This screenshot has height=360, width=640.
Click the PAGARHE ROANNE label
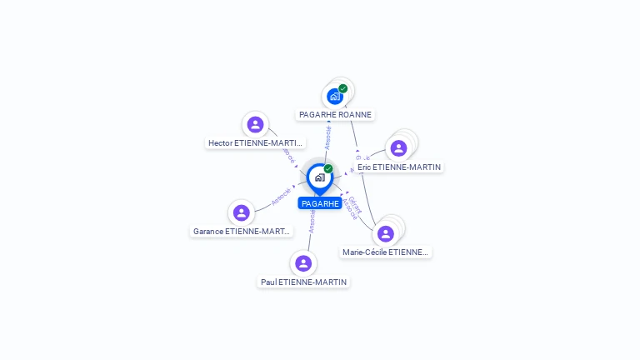click(336, 114)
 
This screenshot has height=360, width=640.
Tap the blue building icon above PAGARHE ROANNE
click(335, 96)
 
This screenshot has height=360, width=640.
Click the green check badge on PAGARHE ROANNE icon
click(343, 88)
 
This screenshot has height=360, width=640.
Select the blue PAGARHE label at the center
click(320, 203)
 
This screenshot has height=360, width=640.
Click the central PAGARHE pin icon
click(319, 177)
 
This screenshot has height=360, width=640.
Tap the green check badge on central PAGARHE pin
click(328, 168)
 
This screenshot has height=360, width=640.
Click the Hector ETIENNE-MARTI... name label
click(256, 142)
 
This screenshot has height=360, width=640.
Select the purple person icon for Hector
click(256, 124)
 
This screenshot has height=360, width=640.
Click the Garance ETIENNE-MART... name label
click(242, 231)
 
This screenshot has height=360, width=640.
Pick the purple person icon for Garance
click(242, 212)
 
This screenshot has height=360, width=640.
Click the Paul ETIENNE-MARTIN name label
click(303, 282)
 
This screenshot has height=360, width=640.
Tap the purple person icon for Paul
click(303, 263)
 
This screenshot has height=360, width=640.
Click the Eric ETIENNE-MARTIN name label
click(399, 167)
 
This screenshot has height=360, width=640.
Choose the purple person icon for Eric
click(398, 148)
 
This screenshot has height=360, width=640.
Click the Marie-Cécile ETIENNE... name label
click(386, 252)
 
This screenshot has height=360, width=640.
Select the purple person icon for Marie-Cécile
click(385, 233)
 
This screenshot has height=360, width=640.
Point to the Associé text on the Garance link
click(281, 197)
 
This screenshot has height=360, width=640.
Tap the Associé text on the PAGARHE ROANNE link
click(327, 137)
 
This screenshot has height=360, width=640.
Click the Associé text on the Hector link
click(288, 155)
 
